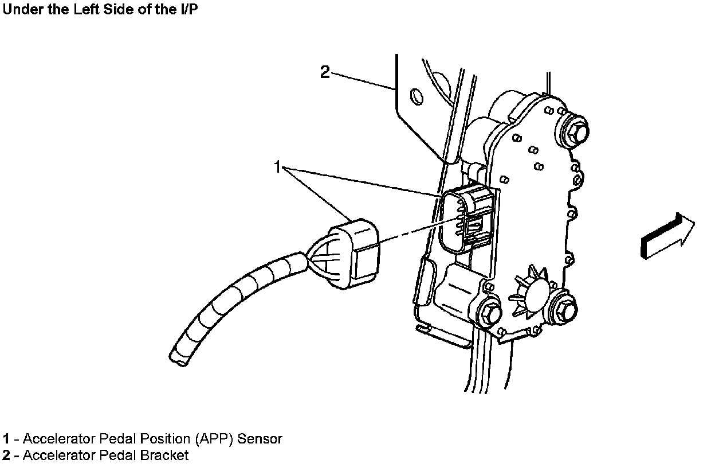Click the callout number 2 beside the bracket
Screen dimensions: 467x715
tap(325, 73)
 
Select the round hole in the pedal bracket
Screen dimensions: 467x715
tap(416, 95)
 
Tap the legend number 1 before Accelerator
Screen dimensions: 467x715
tap(5, 439)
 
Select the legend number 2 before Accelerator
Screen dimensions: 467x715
tap(6, 456)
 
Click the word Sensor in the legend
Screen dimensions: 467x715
tap(260, 439)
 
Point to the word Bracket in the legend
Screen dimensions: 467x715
tap(166, 456)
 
